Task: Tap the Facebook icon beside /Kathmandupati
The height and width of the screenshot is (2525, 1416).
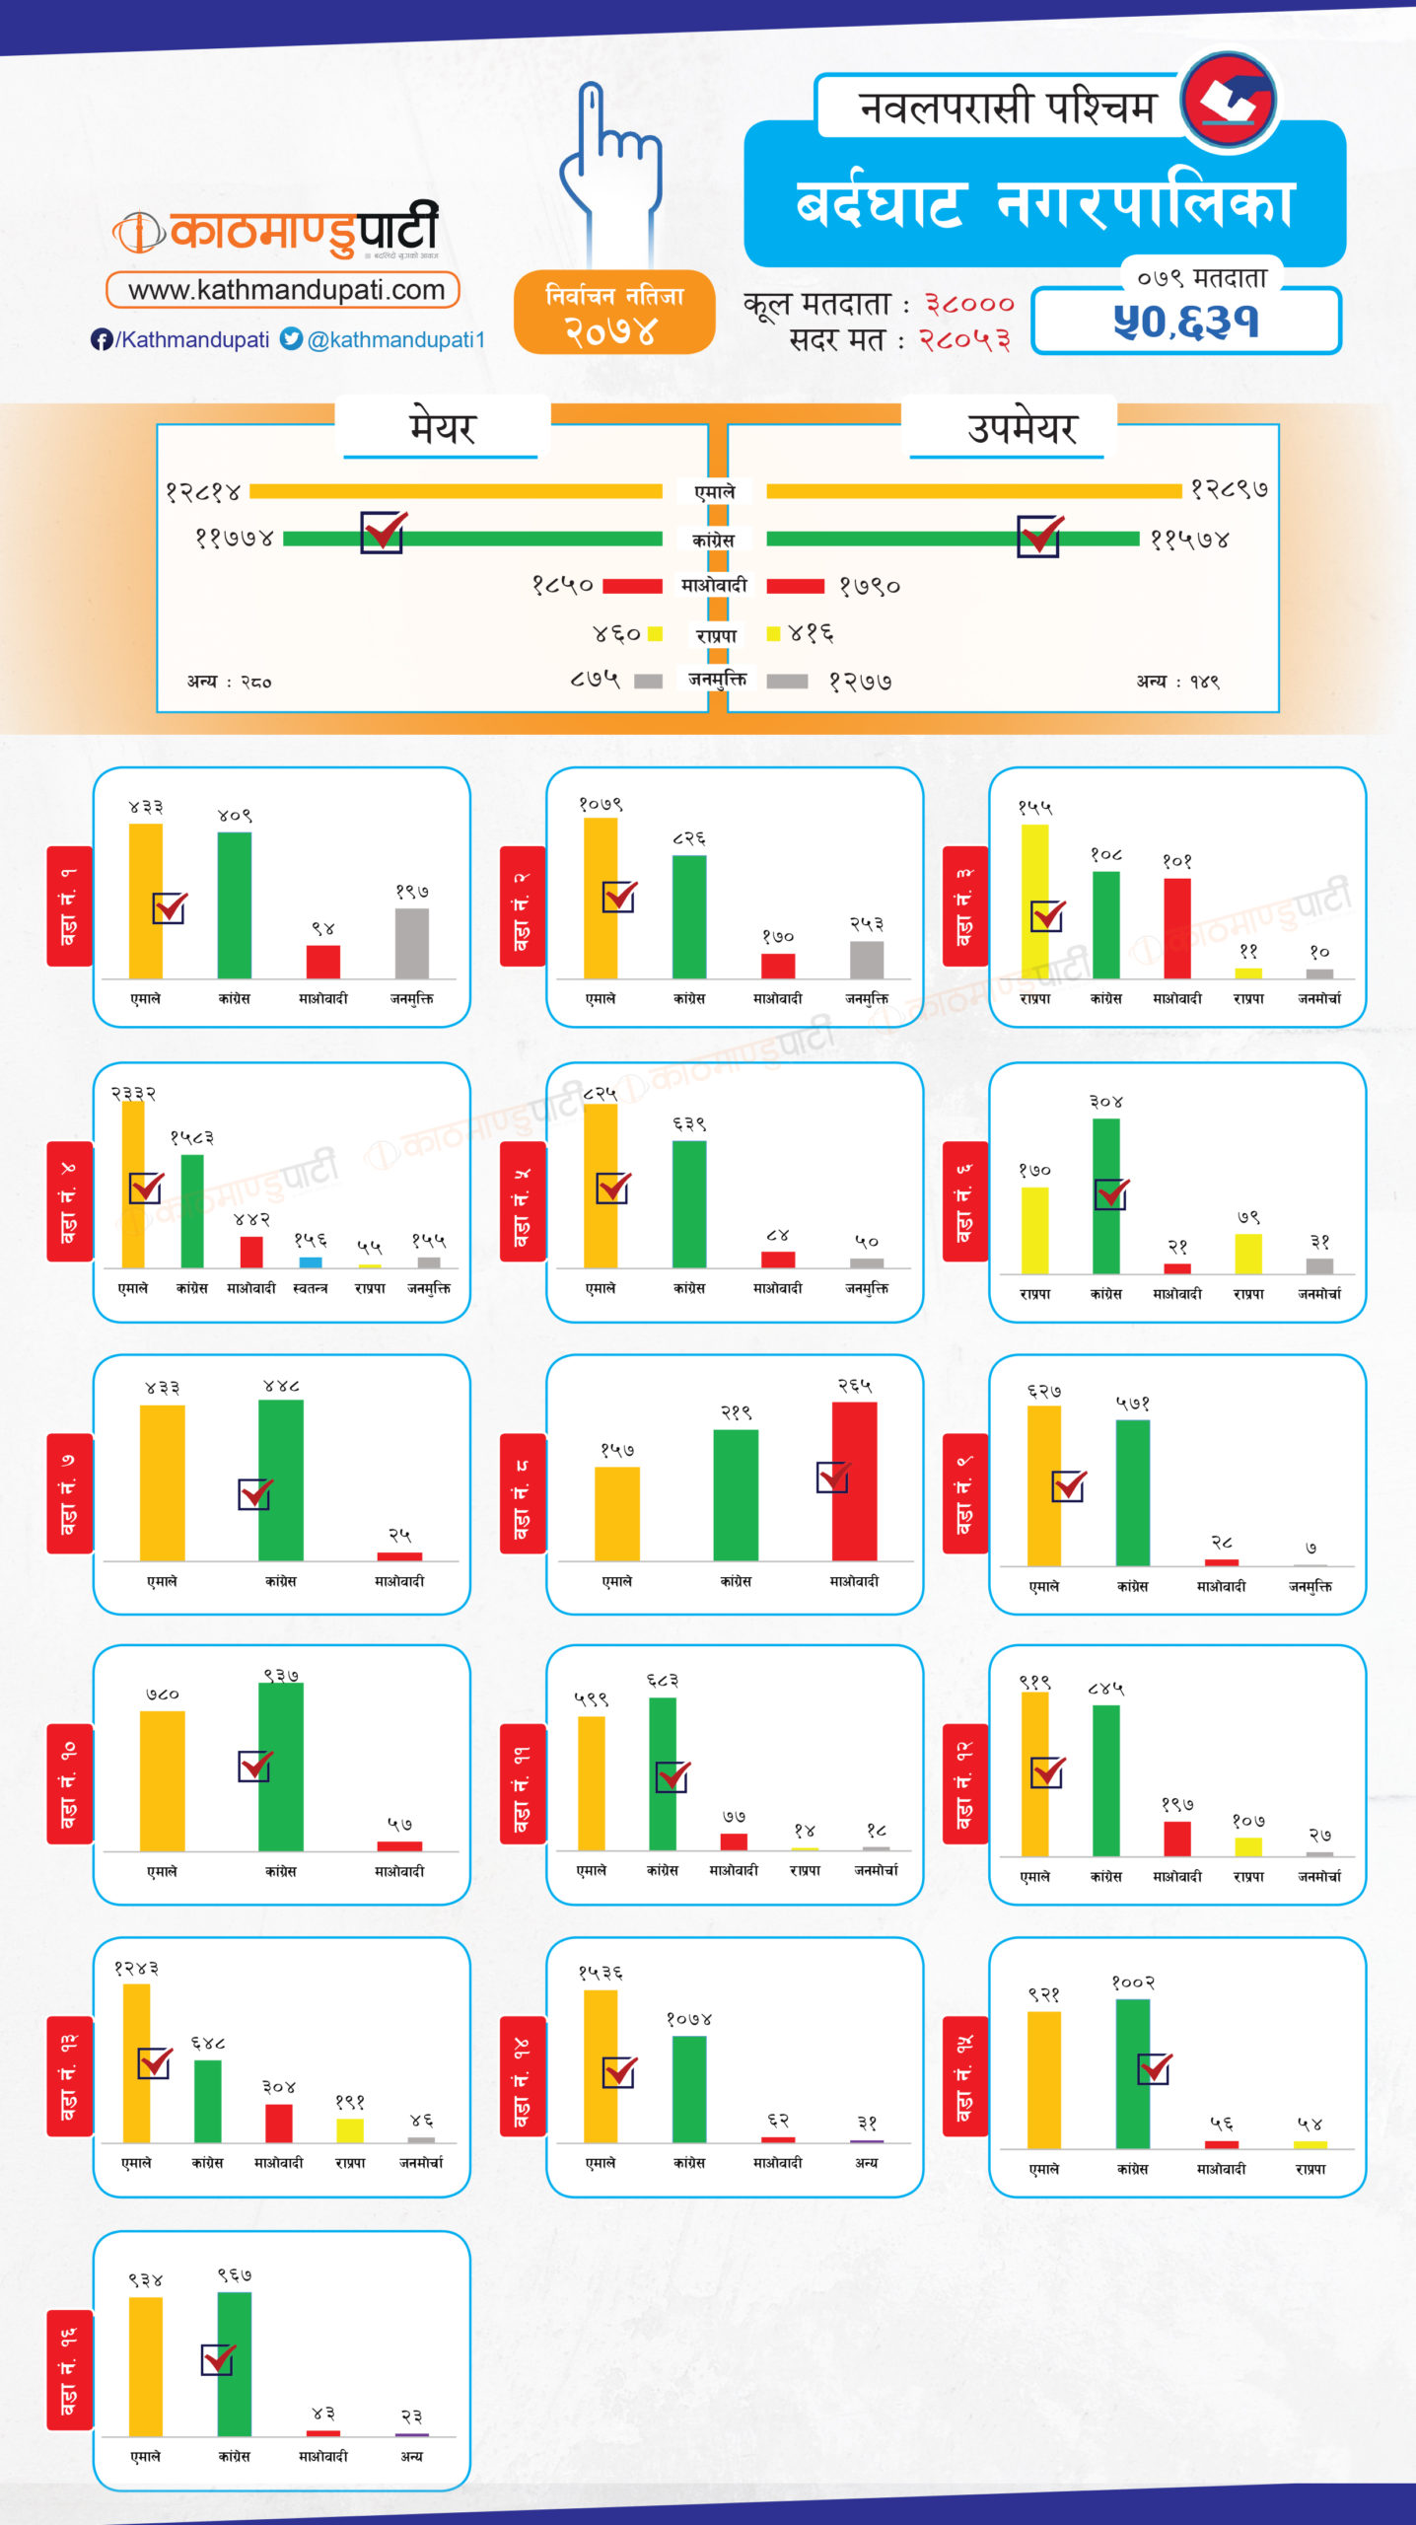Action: [x=101, y=339]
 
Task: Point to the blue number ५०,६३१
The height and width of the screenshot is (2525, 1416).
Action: [x=1186, y=322]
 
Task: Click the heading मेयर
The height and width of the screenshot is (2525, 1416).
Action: [x=442, y=428]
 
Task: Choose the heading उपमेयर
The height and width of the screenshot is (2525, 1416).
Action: [x=1022, y=428]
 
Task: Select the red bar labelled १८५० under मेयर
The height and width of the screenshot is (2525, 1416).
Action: [x=632, y=586]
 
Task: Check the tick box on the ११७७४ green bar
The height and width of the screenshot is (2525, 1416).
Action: [x=383, y=533]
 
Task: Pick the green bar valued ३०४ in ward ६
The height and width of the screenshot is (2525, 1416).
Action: [x=1105, y=1195]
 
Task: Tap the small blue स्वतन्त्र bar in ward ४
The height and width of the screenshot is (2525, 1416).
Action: [x=311, y=1262]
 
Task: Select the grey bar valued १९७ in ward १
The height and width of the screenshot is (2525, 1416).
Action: [x=412, y=943]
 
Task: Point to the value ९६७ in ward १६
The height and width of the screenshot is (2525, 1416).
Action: [x=235, y=2274]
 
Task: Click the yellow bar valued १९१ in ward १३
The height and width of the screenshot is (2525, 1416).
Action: [x=350, y=2129]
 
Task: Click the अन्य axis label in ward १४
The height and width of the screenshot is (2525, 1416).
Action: [x=866, y=2162]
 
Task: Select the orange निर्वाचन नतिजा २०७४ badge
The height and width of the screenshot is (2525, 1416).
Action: [x=613, y=313]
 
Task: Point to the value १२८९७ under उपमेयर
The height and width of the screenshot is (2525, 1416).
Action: [x=1229, y=489]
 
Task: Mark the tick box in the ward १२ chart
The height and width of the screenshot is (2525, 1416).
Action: [x=1047, y=1772]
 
